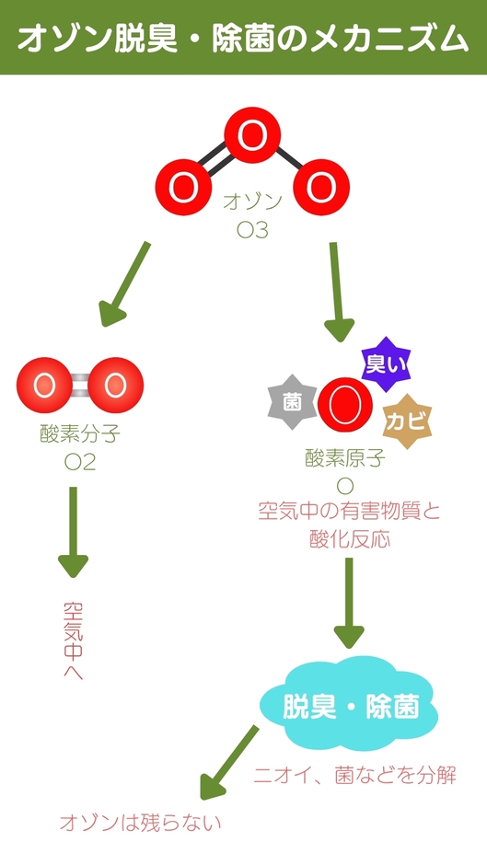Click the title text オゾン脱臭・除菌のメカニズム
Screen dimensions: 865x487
pos(243,39)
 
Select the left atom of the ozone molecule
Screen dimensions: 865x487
pos(184,187)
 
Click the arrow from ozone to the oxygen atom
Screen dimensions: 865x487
pos(339,293)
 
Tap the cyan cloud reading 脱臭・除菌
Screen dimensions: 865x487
pos(347,706)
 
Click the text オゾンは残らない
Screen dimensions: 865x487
pos(140,823)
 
